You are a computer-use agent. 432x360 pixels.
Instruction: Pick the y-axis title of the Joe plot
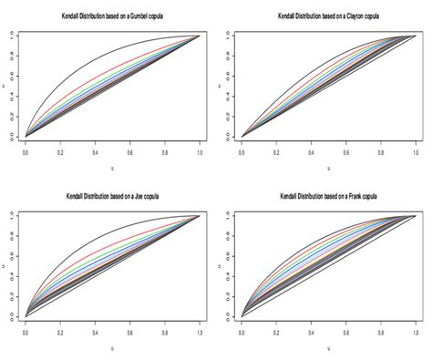click(x=6, y=265)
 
